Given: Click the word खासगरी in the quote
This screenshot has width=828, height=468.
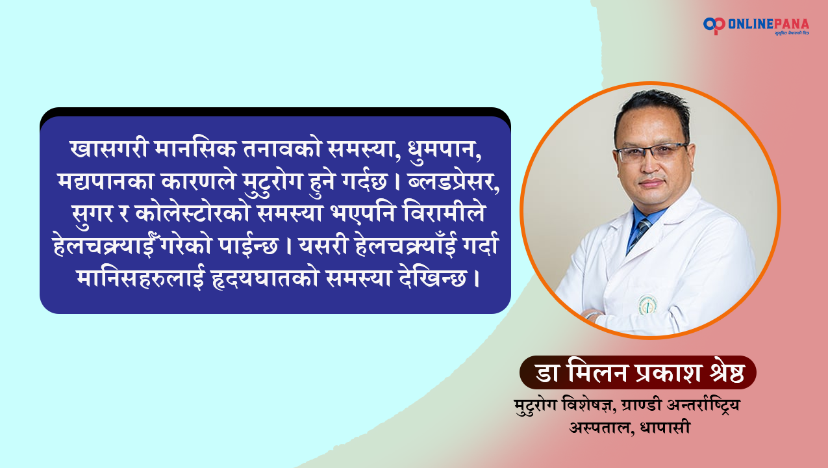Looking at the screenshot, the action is (x=108, y=149).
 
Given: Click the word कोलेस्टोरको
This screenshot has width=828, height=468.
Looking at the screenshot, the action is (x=192, y=214).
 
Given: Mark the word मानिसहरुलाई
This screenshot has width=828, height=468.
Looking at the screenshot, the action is (x=140, y=278).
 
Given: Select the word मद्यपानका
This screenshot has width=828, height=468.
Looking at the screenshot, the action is (x=106, y=182).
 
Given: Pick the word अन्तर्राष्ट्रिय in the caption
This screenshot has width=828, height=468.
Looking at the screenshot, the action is (x=703, y=406).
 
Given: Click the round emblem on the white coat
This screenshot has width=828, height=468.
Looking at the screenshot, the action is (x=647, y=305).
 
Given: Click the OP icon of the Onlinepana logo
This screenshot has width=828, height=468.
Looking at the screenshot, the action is (x=714, y=25).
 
